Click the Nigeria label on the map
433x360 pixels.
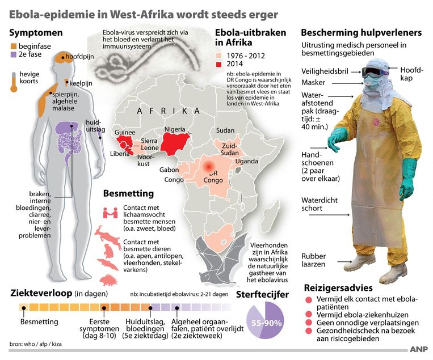tap(175, 130)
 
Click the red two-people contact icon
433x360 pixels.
tap(110, 213)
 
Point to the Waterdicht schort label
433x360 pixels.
tap(320, 204)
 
